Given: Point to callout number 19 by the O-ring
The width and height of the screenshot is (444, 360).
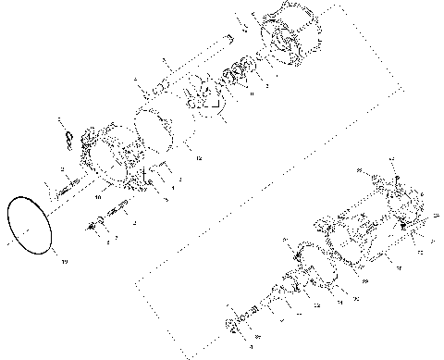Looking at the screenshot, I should click(x=65, y=263).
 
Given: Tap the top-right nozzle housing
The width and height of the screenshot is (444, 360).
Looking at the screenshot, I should click(x=287, y=37).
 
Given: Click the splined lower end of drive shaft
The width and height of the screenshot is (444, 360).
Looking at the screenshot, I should click(x=148, y=91).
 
